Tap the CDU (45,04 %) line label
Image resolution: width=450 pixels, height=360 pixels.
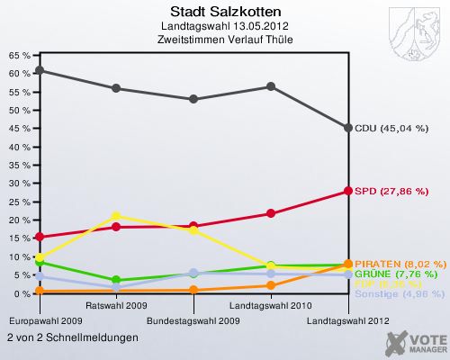391,128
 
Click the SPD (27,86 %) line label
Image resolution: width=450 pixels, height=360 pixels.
391,191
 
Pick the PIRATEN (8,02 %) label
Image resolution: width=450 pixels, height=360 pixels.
400,264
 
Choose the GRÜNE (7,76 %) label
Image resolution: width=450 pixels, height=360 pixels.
397,274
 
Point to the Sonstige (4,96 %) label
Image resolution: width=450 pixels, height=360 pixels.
399,293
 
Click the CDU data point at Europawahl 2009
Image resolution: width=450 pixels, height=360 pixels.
39,70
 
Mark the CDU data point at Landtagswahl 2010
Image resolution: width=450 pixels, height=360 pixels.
271,86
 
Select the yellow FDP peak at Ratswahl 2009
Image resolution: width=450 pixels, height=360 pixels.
116,216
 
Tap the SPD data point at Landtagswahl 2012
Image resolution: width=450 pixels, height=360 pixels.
348,191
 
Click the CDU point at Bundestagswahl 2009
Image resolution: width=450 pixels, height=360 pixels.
193,99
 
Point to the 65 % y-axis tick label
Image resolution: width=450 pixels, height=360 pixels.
20,55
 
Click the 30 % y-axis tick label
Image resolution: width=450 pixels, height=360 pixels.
20,184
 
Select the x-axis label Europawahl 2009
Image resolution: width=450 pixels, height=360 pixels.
46,319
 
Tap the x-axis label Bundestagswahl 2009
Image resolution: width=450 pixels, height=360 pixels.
193,319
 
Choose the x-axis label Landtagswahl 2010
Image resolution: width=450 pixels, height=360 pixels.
271,306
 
